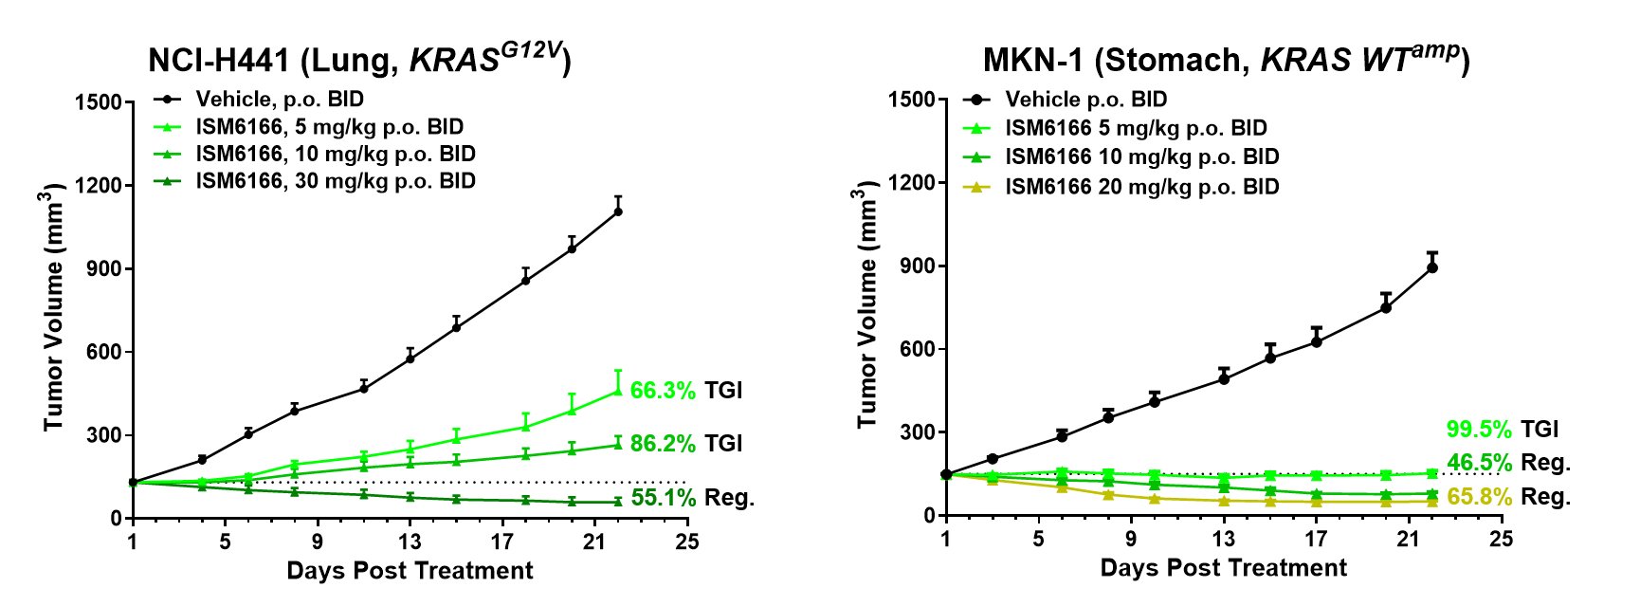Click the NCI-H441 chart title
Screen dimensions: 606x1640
[358, 59]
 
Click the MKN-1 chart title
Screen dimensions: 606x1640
[1225, 59]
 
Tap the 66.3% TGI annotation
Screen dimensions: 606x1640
[685, 391]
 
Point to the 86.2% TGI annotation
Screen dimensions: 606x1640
[685, 444]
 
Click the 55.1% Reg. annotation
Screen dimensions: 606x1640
[692, 497]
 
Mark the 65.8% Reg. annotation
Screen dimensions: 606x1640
[1507, 497]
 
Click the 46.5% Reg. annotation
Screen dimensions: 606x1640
[1507, 463]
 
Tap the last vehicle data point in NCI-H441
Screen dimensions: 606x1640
[618, 211]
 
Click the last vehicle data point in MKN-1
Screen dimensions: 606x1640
[1431, 267]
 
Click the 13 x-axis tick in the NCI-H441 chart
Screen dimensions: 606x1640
[410, 542]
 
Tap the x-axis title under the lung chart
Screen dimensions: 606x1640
[410, 571]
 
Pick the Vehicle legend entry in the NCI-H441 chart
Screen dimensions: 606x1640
[279, 99]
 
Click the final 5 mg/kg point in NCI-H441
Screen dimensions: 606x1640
[618, 391]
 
